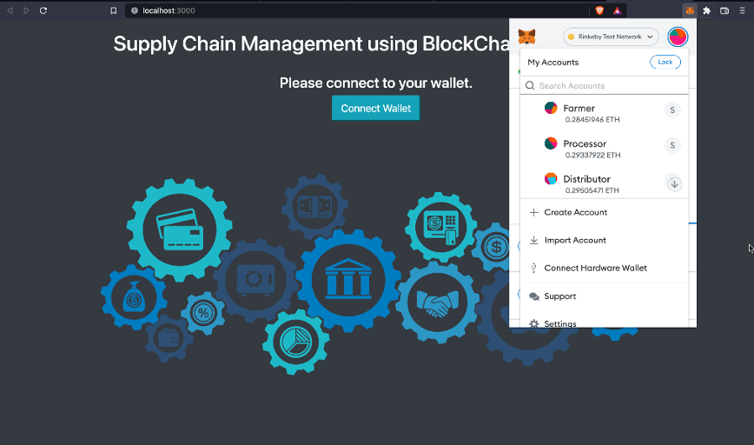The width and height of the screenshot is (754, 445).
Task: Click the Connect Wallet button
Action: point(375,109)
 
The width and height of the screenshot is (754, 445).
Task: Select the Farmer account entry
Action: point(579,109)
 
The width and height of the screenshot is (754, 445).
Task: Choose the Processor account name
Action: point(585,143)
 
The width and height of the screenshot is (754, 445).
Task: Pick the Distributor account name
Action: point(586,179)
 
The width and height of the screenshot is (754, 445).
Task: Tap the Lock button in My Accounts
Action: point(665,63)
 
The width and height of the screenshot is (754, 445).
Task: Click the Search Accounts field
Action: point(608,86)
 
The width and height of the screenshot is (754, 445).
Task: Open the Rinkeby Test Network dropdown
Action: point(611,37)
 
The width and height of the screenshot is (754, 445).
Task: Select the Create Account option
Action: point(575,212)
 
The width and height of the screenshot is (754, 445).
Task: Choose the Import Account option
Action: point(575,240)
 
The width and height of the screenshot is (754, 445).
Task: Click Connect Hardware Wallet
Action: point(595,268)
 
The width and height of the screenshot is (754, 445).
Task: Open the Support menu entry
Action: point(559,296)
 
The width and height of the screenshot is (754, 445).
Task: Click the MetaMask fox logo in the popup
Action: point(526,37)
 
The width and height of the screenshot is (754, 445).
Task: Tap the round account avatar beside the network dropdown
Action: point(678,37)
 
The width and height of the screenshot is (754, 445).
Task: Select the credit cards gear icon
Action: point(180,228)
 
